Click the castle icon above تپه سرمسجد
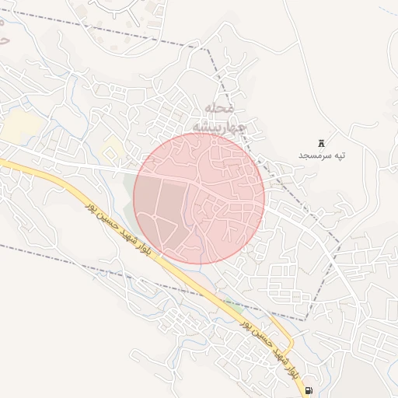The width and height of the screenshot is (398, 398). [x=321, y=142]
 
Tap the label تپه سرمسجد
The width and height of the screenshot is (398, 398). [x=321, y=155]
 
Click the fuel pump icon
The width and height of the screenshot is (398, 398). [x=309, y=390]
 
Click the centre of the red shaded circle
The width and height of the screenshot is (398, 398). [x=199, y=198]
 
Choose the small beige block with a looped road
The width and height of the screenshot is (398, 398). [x=114, y=146]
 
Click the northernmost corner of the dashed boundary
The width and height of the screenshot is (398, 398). [x=208, y=49]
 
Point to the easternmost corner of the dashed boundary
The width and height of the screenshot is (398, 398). [x=340, y=242]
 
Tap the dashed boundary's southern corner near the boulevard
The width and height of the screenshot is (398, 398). [x=305, y=319]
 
